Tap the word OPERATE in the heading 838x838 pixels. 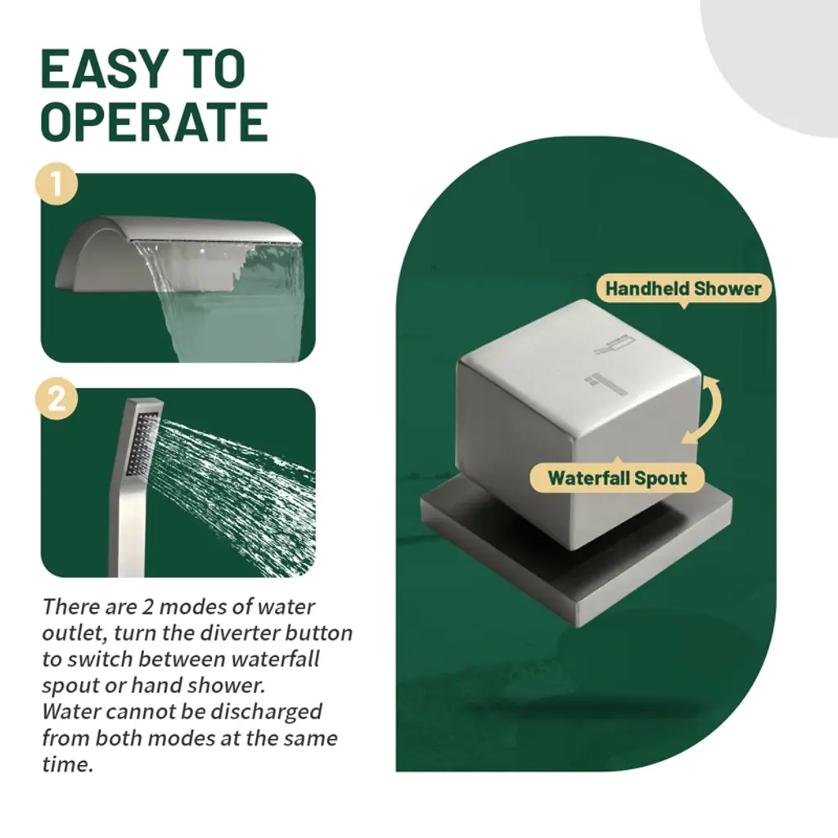pos(155,122)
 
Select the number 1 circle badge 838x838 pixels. pos(56,184)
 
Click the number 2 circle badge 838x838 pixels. pos(56,399)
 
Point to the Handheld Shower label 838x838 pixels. pos(683,289)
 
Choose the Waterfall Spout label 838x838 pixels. pos(617,477)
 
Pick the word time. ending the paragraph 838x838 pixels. pos(67,765)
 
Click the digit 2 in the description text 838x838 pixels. pos(147,607)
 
